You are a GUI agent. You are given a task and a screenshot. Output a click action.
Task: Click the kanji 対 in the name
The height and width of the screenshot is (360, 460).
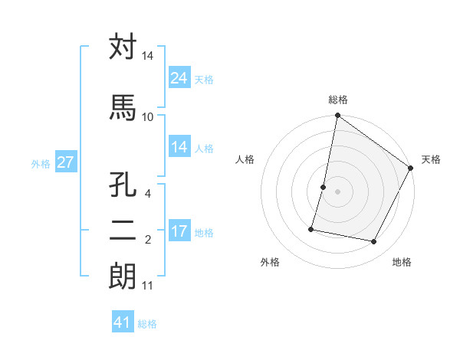123,47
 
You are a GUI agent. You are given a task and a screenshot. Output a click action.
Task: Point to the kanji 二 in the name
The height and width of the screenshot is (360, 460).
123,231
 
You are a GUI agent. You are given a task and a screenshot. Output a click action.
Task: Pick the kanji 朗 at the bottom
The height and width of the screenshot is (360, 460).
123,277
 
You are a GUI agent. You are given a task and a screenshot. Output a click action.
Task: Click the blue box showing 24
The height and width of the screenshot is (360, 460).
179,79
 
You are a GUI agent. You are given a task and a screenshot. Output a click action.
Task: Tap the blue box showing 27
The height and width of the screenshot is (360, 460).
65,162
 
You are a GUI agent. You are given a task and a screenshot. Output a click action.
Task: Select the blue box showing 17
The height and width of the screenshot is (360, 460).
179,232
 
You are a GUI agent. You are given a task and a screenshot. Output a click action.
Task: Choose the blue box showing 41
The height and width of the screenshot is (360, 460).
123,322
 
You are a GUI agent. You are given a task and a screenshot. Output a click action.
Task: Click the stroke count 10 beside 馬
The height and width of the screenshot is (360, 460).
147,116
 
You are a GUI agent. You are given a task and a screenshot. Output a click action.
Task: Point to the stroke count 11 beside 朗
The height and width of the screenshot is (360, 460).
147,286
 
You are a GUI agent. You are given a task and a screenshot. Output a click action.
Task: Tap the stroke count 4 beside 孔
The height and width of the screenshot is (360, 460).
148,193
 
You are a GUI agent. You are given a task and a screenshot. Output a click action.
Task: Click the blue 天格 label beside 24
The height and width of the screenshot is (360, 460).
204,80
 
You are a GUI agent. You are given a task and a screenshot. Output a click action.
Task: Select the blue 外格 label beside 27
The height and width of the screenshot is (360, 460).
41,163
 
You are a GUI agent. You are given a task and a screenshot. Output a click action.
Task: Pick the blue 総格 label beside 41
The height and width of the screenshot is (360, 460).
147,324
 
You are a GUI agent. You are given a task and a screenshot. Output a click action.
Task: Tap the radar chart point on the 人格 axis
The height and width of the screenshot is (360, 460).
324,187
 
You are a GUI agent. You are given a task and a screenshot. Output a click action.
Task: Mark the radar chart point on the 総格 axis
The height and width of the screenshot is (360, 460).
337,116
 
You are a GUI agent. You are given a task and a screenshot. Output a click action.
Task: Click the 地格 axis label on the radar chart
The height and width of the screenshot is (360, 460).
402,262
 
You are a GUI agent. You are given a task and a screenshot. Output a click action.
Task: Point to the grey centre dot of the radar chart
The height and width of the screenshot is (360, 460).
337,191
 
